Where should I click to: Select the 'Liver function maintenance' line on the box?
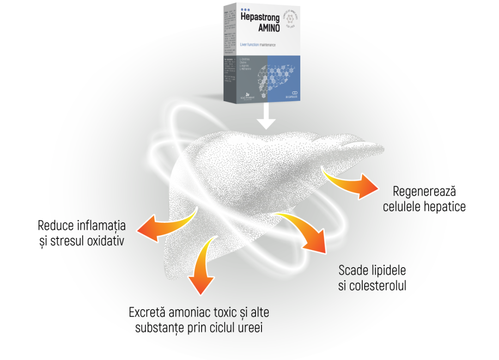[x=258, y=45]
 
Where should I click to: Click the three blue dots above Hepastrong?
[x=245, y=9]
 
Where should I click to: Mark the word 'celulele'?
[x=402, y=206]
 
